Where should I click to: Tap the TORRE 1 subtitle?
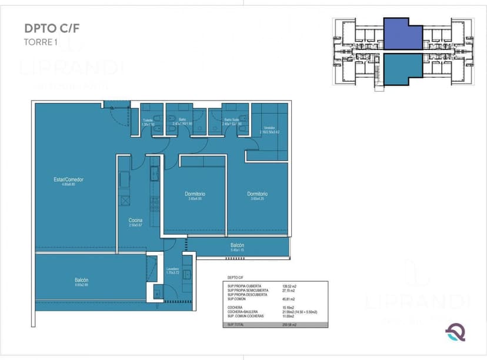click(40, 42)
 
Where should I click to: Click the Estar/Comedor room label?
click(65, 179)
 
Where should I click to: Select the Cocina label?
click(136, 221)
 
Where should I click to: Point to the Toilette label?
click(148, 120)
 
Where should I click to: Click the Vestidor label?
click(269, 128)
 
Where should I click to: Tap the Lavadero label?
click(173, 269)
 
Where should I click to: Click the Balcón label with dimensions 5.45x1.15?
click(237, 245)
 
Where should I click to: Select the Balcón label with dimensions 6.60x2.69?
click(82, 280)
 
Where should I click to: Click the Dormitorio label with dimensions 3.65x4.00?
click(195, 194)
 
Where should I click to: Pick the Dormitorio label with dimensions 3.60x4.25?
click(257, 194)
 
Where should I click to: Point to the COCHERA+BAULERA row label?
click(242, 312)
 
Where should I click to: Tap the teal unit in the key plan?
click(403, 65)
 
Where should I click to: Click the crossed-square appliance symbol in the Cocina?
click(125, 201)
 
